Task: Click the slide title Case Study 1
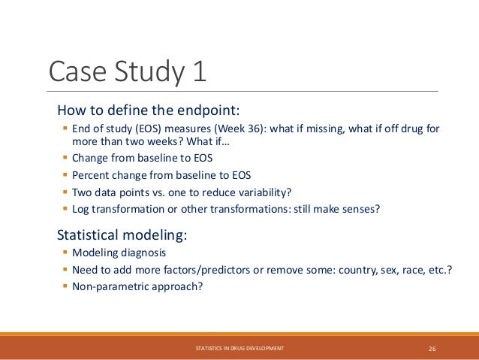pos(128,73)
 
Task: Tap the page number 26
pos(432,349)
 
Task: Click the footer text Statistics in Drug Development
pos(239,349)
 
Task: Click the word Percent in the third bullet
pos(90,175)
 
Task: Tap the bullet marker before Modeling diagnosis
pos(65,253)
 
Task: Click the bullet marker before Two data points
pos(65,192)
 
